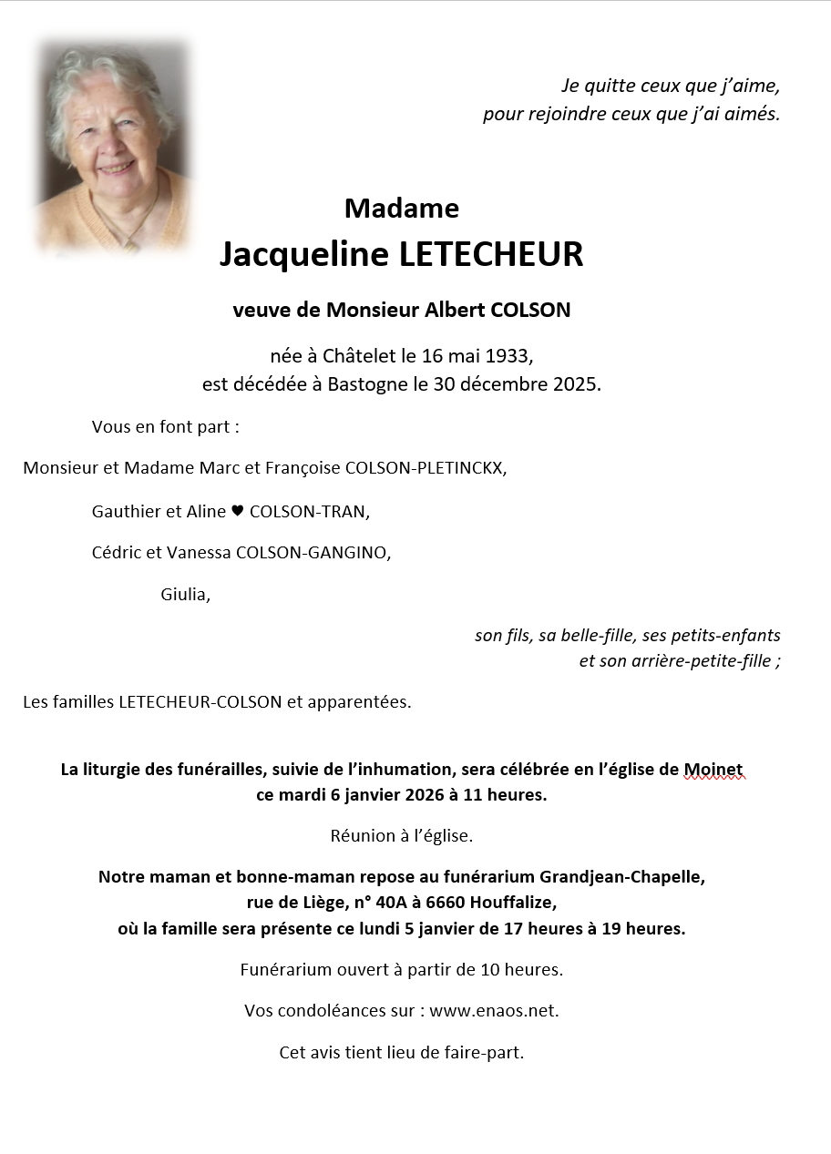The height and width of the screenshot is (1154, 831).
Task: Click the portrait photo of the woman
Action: tap(112, 146)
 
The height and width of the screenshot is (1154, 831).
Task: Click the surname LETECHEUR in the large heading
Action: tap(491, 255)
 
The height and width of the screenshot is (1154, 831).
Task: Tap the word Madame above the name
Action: tap(402, 209)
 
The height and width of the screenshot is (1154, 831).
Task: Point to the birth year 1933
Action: tap(511, 355)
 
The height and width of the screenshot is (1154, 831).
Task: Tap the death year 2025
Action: tap(577, 384)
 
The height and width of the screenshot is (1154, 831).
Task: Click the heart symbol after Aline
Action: tap(238, 512)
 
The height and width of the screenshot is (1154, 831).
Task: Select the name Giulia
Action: tap(185, 595)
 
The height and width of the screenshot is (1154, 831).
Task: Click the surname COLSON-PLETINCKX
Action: tap(426, 468)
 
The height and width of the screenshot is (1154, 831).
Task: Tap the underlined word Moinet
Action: tap(713, 770)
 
